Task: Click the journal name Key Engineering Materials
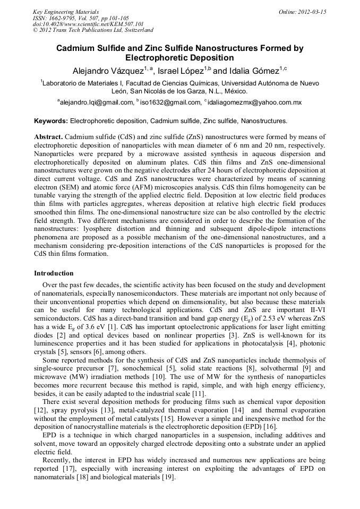(x=66, y=11)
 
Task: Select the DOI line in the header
(x=88, y=24)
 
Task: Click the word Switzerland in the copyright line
(x=134, y=30)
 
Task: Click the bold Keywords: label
(x=51, y=121)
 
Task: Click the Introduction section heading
(x=54, y=273)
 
